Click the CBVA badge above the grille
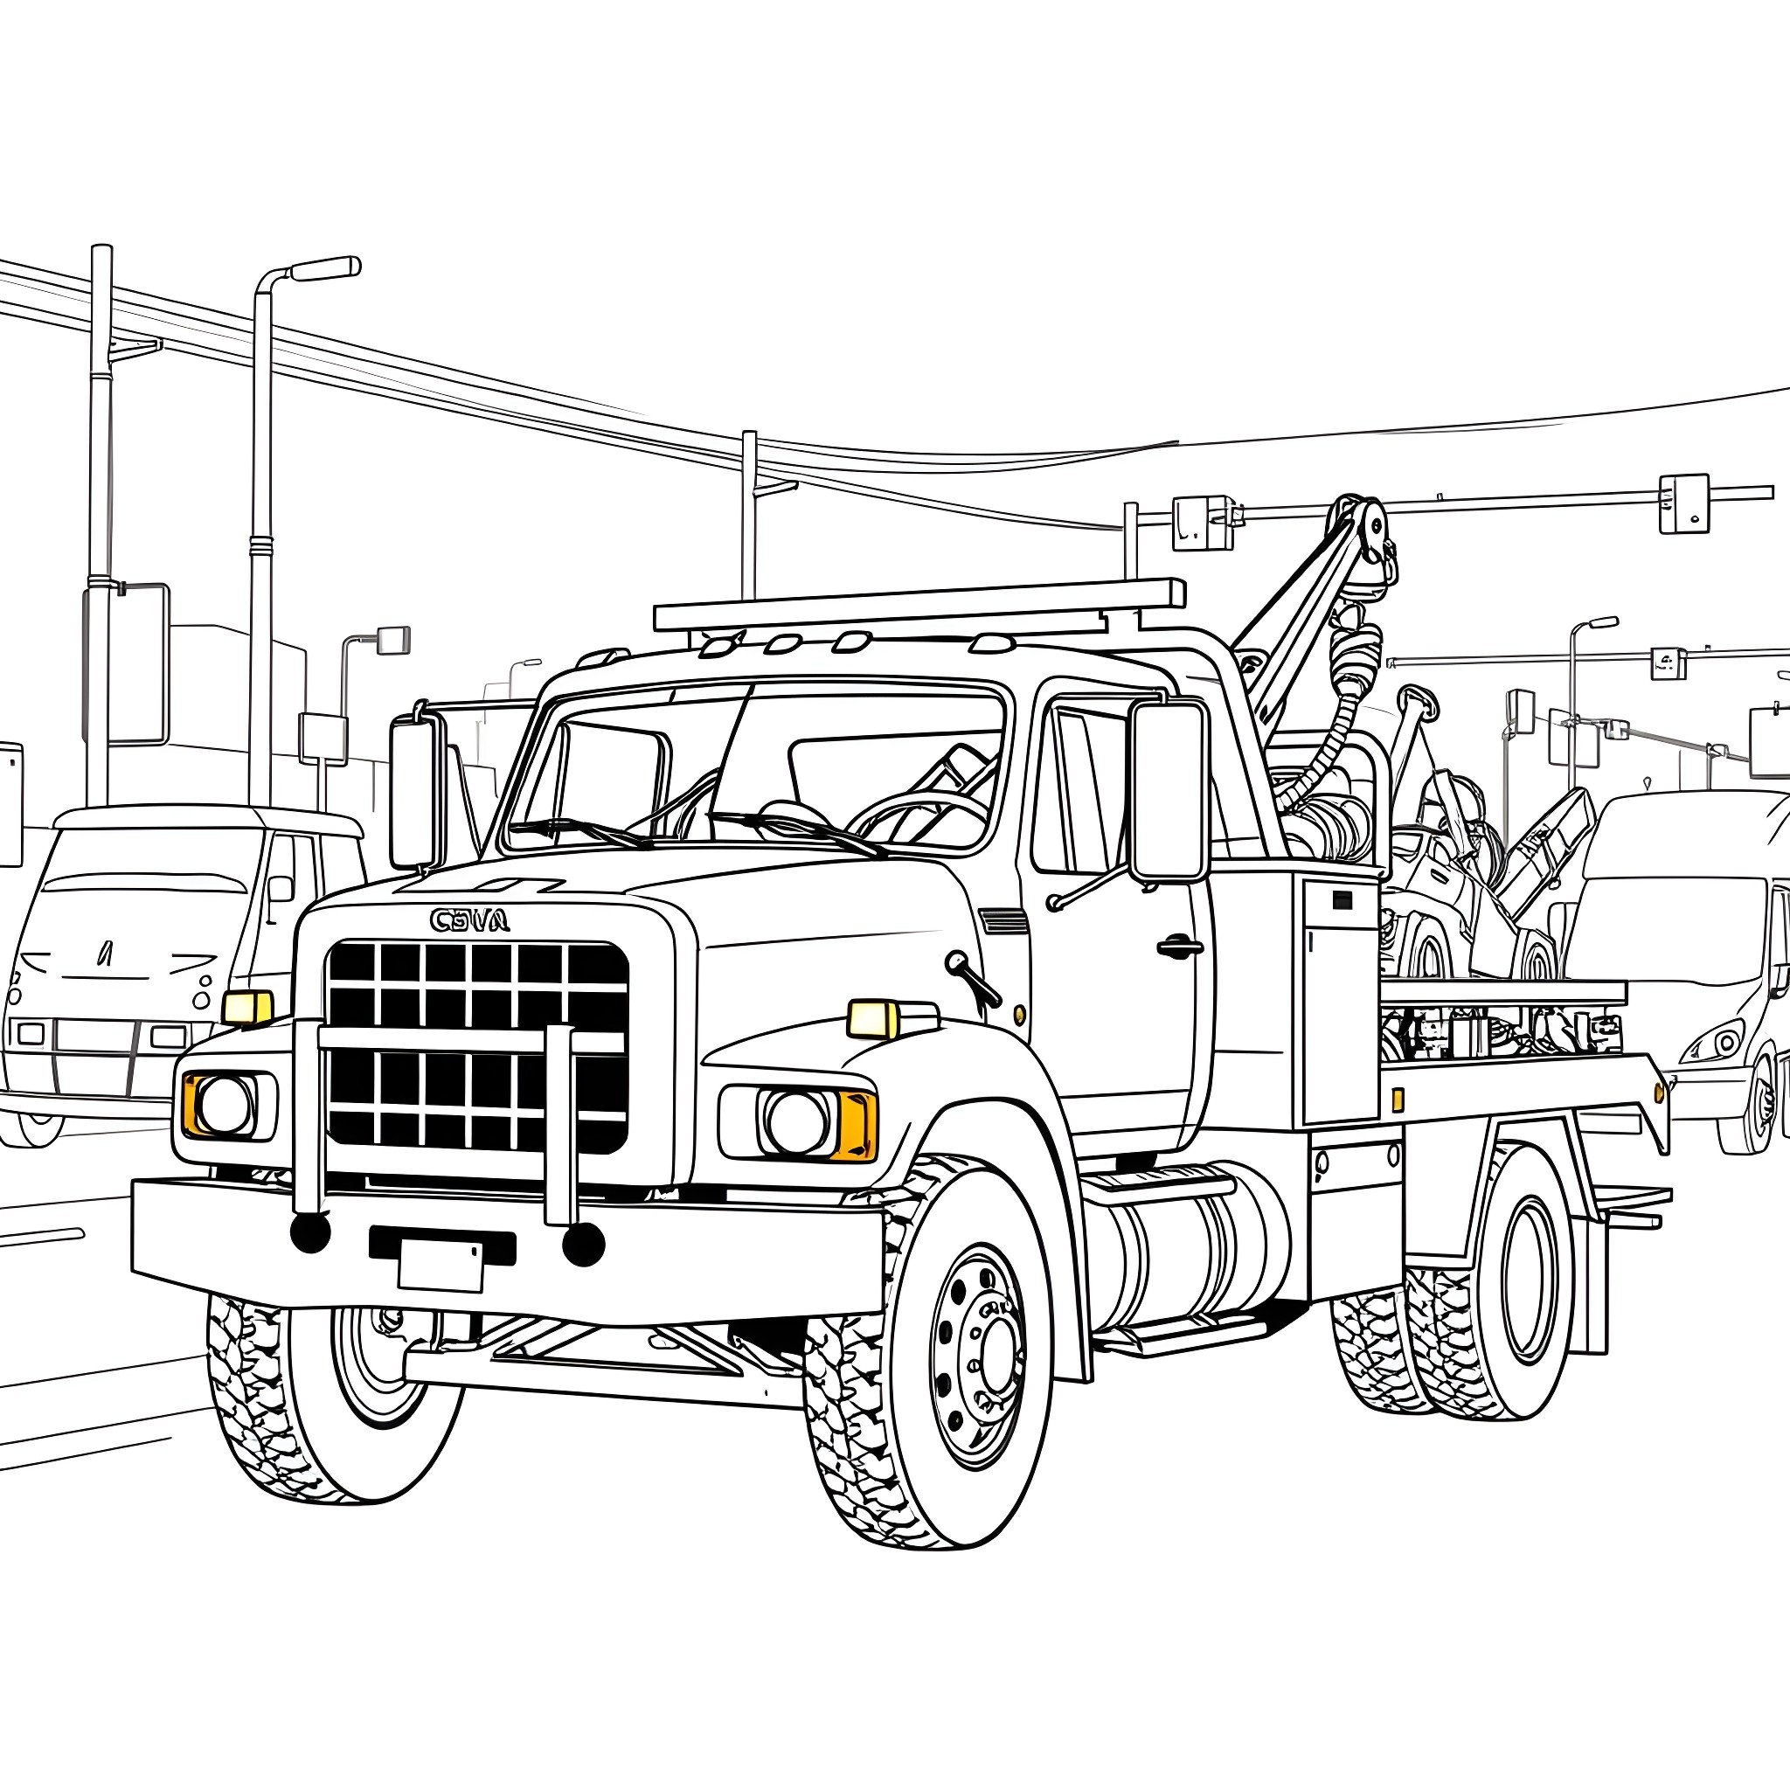point(469,920)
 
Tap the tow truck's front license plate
point(441,1266)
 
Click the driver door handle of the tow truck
point(1179,947)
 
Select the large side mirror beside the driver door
point(1169,790)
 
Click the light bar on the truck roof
point(919,605)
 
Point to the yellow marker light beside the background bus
point(247,1006)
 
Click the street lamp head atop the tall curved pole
point(324,267)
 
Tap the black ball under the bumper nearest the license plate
point(583,1245)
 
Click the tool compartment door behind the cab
point(1341,1001)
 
